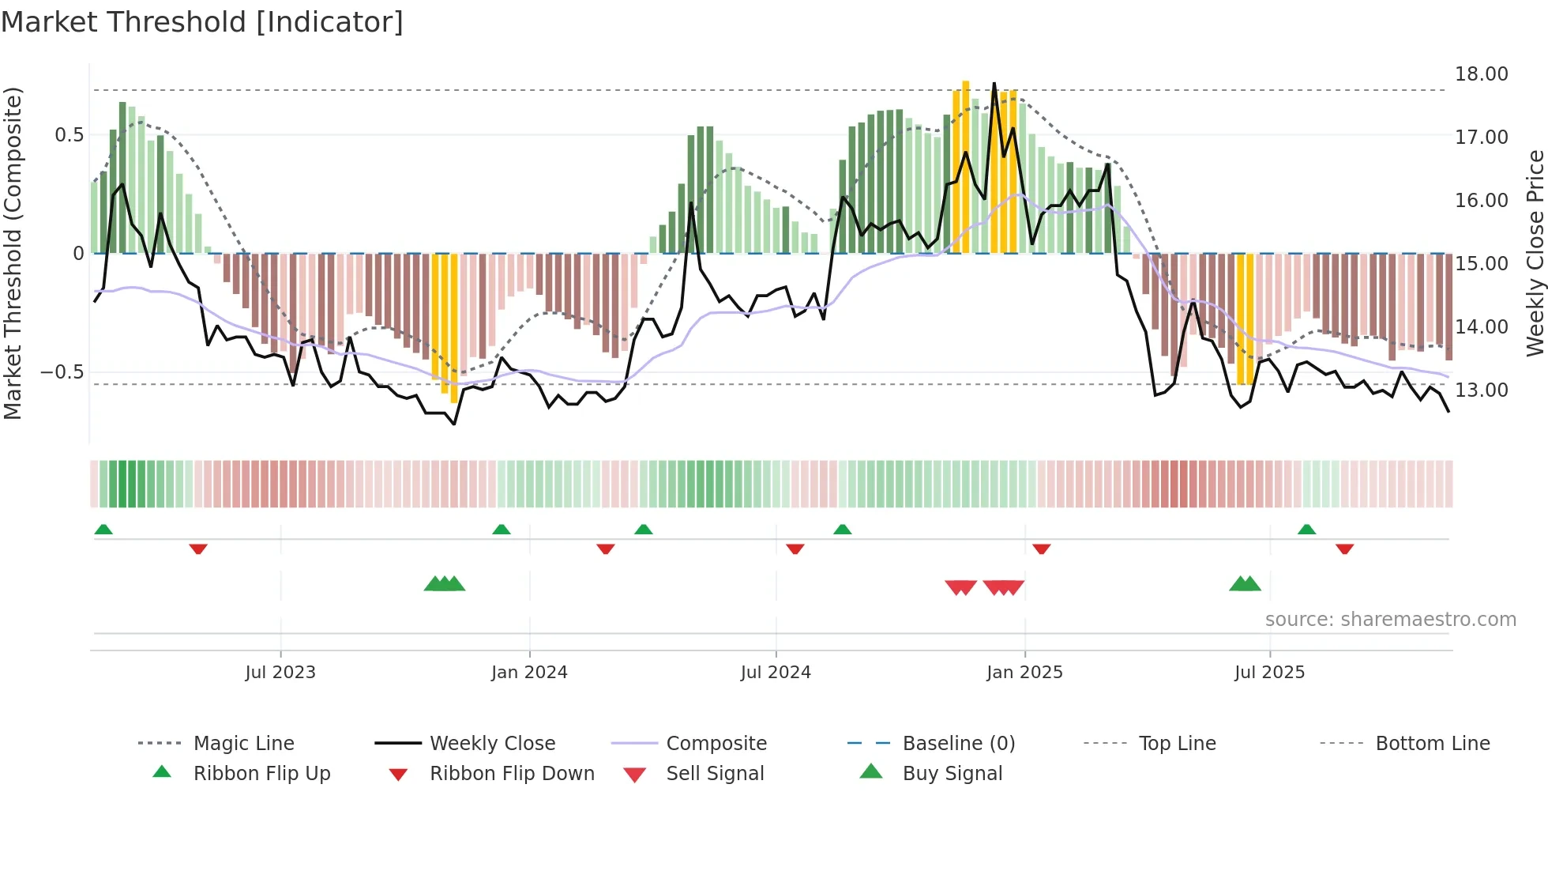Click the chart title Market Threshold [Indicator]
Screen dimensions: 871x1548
point(202,22)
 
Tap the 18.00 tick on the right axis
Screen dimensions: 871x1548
point(1481,74)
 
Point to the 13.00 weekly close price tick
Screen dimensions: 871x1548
point(1481,390)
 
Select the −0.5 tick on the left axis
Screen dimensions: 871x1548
point(62,372)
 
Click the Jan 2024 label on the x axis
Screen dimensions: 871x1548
point(529,673)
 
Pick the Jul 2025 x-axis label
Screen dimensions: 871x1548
point(1269,673)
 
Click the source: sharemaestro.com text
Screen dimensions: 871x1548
point(1390,620)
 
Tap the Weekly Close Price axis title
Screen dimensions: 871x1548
point(1535,253)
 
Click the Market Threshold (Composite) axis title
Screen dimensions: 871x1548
point(13,253)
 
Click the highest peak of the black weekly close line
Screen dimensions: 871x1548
point(994,84)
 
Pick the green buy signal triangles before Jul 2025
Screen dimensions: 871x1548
point(1245,584)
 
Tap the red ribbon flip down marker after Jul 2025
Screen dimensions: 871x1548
point(1344,549)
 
